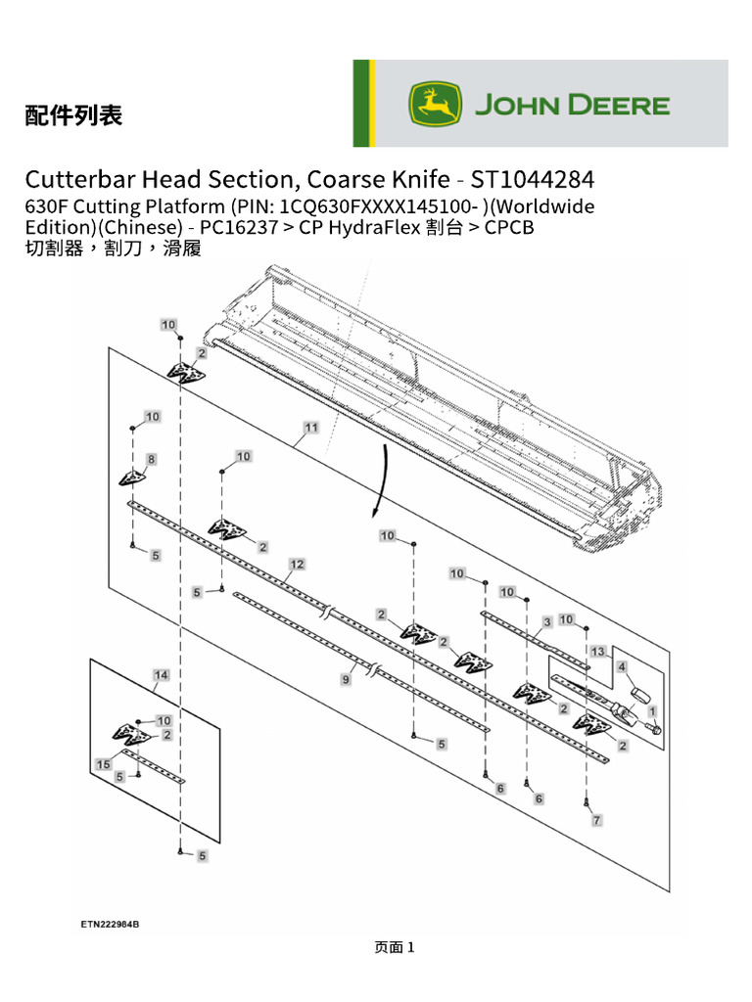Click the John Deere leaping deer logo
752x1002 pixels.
coord(435,104)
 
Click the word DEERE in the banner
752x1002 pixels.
coord(619,105)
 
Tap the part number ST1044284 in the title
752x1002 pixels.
coord(533,180)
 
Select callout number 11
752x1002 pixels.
coord(311,428)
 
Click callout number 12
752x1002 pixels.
coord(297,565)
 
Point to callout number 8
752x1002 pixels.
coord(151,459)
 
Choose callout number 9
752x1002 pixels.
coord(346,679)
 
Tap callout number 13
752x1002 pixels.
coord(598,651)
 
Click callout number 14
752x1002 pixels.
coord(162,675)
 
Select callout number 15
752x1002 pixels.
coord(104,764)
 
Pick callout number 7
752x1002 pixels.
coord(596,820)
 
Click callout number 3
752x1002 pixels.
coord(546,621)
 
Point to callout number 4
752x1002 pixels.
coord(622,666)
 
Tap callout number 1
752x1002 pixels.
coord(652,711)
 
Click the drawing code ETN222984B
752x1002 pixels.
coord(110,924)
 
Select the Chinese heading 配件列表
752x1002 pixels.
coord(73,115)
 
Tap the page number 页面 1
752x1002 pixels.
coord(395,947)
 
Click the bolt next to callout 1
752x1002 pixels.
coord(654,728)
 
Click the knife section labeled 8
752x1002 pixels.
coord(132,478)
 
